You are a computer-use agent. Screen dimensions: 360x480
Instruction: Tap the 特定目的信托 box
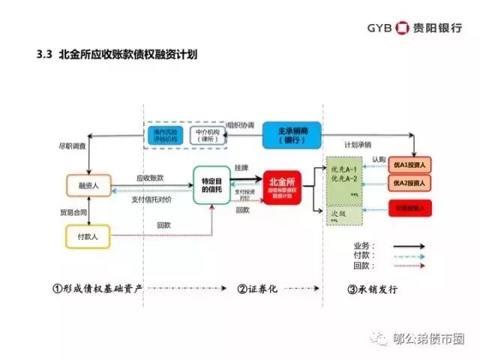pos(210,185)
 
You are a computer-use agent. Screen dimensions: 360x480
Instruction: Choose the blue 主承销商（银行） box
pos(291,134)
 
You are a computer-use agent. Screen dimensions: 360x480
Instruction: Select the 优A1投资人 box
pos(409,165)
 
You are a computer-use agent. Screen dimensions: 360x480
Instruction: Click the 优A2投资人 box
pos(409,183)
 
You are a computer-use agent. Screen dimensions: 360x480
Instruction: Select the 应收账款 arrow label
pos(150,178)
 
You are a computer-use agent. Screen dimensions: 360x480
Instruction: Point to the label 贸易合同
pos(64,212)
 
